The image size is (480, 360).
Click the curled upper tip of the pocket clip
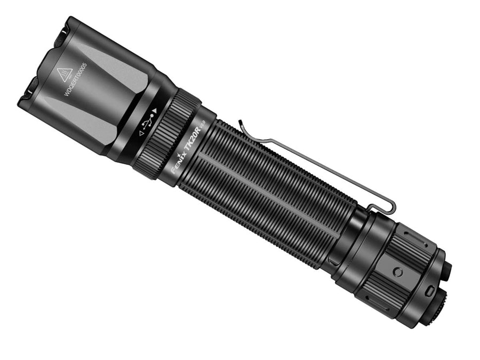[241, 125]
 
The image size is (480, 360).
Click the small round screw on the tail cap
[397, 272]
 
